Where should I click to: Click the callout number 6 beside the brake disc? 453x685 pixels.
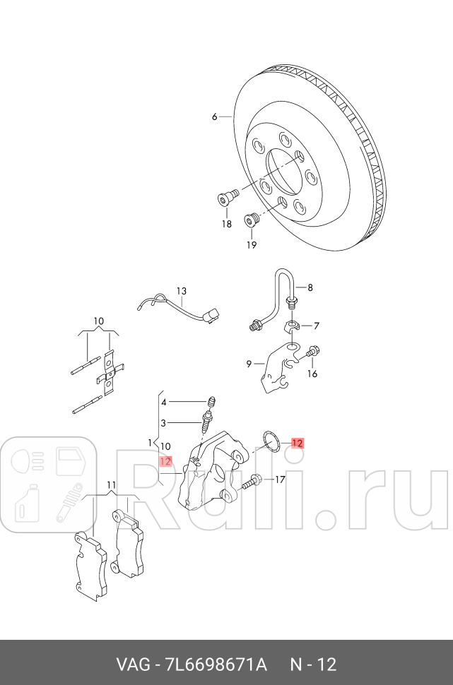(x=215, y=117)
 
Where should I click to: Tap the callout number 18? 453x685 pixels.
(x=226, y=224)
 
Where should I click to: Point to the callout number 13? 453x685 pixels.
(x=182, y=291)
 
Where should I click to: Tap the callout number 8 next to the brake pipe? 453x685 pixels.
(x=309, y=287)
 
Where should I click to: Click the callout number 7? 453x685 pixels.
(x=316, y=326)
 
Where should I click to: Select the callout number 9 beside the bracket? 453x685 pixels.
(x=249, y=364)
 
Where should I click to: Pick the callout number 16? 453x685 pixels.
(x=312, y=374)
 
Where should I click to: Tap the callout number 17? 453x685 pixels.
(x=280, y=480)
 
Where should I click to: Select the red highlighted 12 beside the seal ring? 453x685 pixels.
(x=298, y=443)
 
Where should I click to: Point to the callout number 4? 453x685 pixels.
(x=163, y=402)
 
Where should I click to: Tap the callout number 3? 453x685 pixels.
(x=163, y=423)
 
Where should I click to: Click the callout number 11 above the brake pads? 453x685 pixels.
(x=111, y=484)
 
